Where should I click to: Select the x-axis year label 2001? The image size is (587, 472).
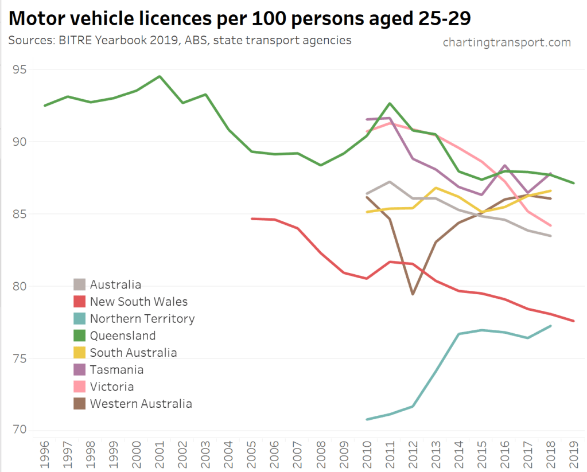(x=160, y=453)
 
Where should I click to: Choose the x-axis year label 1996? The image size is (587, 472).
(x=45, y=453)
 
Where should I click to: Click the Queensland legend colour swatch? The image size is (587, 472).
(x=80, y=336)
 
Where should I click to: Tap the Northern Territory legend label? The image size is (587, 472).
(x=142, y=319)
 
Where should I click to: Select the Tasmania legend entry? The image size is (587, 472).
(x=116, y=370)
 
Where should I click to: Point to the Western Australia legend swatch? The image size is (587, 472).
(x=80, y=404)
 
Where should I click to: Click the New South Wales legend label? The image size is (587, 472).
(x=138, y=302)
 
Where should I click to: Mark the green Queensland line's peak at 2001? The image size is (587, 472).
(x=160, y=76)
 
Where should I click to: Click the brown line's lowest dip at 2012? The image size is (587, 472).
(x=413, y=294)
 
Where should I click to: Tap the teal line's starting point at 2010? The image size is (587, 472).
(x=367, y=419)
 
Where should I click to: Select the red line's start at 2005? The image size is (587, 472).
(x=252, y=219)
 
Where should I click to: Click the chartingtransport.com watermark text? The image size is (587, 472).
(x=507, y=42)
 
